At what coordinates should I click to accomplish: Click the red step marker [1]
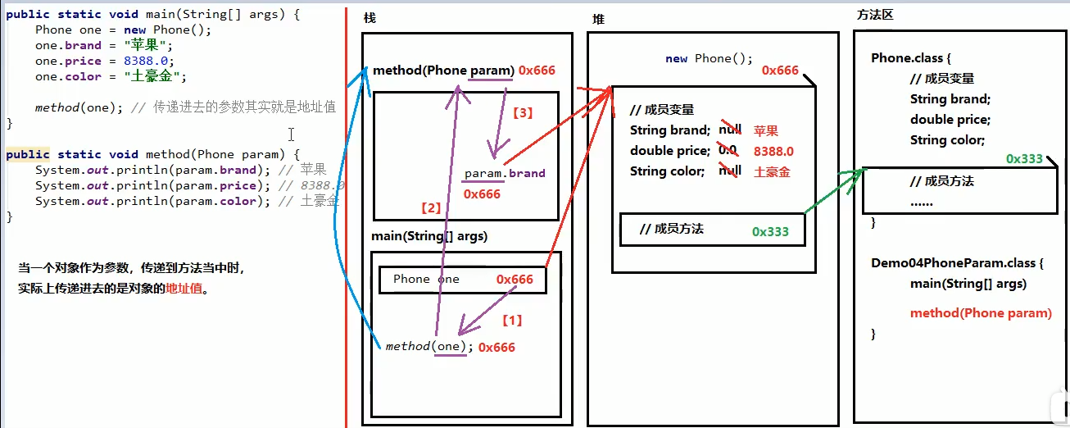[x=511, y=320]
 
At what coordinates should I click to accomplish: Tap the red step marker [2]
[x=431, y=208]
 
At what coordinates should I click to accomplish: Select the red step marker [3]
[x=522, y=113]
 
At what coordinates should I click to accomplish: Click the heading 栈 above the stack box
[x=370, y=18]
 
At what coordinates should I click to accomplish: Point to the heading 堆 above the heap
[x=598, y=19]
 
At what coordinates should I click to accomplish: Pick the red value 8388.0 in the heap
[x=773, y=151]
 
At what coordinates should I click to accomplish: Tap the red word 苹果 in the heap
[x=766, y=130]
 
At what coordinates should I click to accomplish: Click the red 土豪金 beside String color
[x=772, y=171]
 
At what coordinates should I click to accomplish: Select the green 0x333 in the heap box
[x=770, y=231]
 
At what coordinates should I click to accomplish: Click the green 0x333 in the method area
[x=1024, y=158]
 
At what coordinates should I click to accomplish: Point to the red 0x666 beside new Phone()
[x=780, y=71]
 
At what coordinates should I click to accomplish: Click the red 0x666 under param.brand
[x=482, y=194]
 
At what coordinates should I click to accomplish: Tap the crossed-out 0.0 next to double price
[x=728, y=151]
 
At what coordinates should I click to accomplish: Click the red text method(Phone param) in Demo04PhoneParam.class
[x=981, y=312]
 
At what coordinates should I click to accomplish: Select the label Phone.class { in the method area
[x=910, y=59]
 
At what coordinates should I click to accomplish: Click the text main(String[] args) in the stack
[x=429, y=236]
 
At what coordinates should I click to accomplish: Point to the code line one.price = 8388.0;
[x=104, y=61]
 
